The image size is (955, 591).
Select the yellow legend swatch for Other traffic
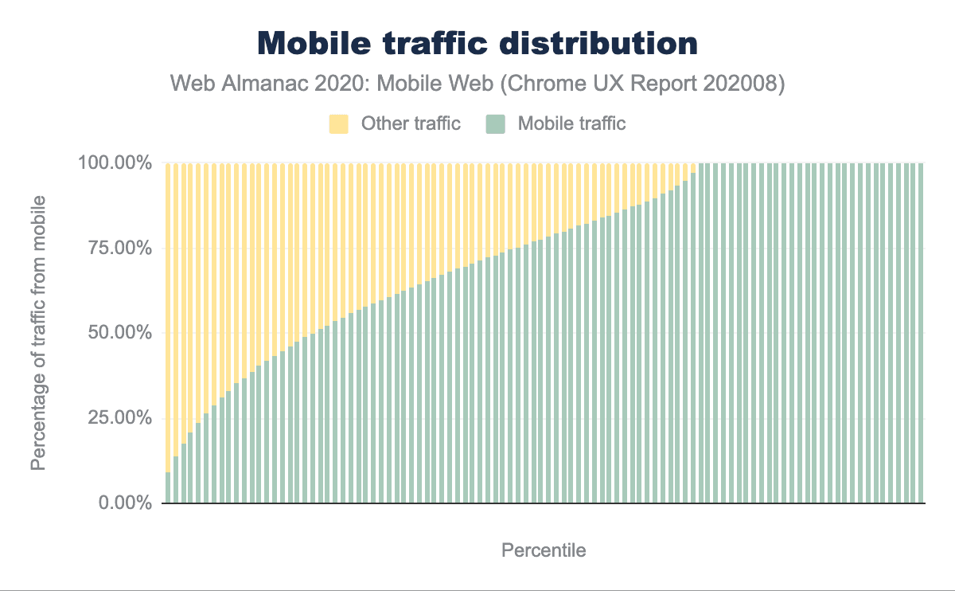[x=338, y=123]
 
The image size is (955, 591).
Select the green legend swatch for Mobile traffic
[x=495, y=123]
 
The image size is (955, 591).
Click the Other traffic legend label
[x=411, y=123]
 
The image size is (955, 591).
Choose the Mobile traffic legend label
[x=571, y=123]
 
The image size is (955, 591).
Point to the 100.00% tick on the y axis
[x=114, y=163]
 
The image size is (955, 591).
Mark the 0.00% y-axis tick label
[x=123, y=503]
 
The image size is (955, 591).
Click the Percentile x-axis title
[x=544, y=550]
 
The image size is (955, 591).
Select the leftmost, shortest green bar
[x=168, y=488]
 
